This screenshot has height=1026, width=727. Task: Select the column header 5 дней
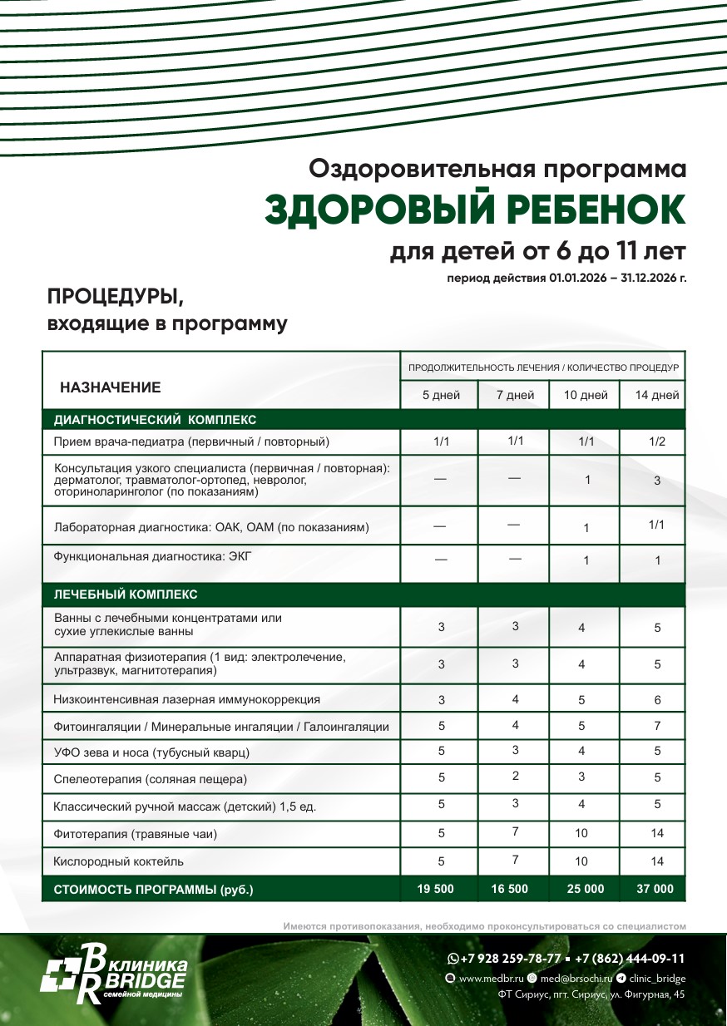pyautogui.click(x=441, y=396)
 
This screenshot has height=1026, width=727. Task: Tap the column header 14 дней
pyautogui.click(x=657, y=396)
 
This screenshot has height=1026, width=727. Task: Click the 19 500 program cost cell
pyautogui.click(x=435, y=889)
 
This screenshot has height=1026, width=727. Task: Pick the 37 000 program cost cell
pyautogui.click(x=655, y=889)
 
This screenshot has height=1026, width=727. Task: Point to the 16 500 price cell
pyautogui.click(x=509, y=889)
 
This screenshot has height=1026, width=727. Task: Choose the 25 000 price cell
pyautogui.click(x=586, y=889)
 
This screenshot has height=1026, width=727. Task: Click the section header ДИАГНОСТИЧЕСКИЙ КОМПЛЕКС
pyautogui.click(x=156, y=420)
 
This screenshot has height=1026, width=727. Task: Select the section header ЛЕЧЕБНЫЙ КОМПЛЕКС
pyautogui.click(x=126, y=594)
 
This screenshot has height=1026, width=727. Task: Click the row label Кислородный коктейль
pyautogui.click(x=119, y=861)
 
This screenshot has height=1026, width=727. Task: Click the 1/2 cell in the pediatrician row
pyautogui.click(x=657, y=441)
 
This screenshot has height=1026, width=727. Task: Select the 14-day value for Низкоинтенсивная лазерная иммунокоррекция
pyautogui.click(x=657, y=700)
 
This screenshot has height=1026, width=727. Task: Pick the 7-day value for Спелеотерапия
pyautogui.click(x=516, y=777)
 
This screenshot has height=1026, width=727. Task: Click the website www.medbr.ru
pyautogui.click(x=491, y=979)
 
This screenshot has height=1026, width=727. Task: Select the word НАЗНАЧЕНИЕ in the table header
pyautogui.click(x=111, y=387)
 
